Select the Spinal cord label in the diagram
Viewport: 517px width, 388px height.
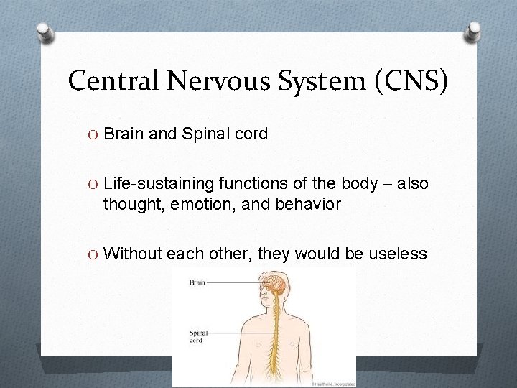(x=199, y=336)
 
